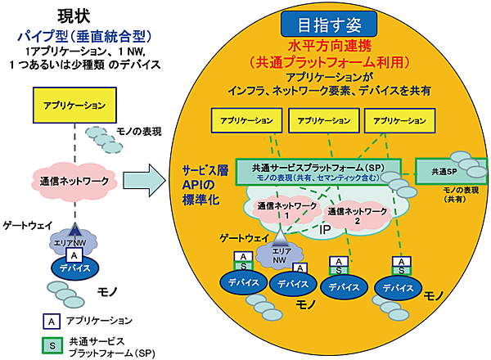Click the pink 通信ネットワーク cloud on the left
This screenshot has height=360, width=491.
[72, 178]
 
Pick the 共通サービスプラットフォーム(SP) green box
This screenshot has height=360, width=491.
[319, 171]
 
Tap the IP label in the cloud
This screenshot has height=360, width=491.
[324, 231]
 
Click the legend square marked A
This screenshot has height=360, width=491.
[51, 321]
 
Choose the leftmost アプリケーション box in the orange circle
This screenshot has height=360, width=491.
[241, 119]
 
